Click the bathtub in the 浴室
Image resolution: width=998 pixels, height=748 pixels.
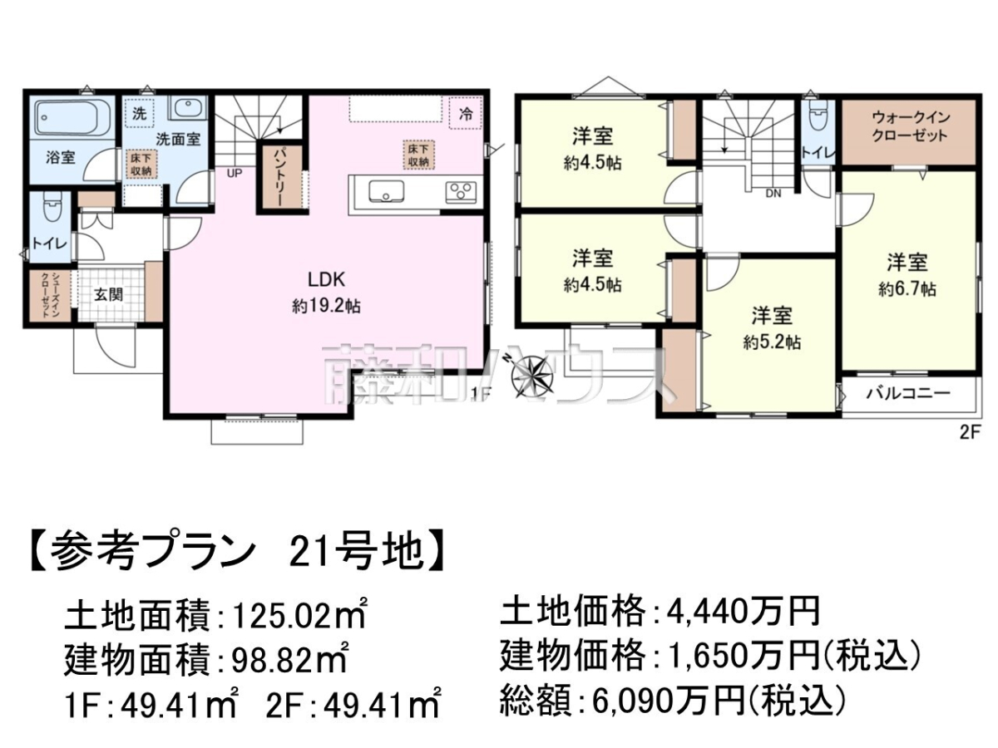tap(72, 118)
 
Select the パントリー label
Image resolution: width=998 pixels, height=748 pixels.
tap(279, 177)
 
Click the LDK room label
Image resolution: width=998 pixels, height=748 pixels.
tap(327, 280)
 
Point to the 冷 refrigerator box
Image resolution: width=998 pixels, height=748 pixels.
tap(466, 114)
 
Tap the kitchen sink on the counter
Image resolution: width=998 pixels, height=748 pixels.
tap(386, 192)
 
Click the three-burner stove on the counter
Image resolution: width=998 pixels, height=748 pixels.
tap(461, 191)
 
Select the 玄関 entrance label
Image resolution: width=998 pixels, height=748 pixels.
tap(109, 295)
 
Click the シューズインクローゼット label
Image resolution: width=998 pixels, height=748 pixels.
tap(49, 295)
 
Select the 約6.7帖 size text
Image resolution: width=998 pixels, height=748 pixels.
tap(907, 289)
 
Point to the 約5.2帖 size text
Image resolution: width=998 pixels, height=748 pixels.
tap(772, 342)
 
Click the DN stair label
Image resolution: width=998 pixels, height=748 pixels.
tap(773, 194)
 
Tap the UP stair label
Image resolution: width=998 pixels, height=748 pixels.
tap(235, 173)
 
